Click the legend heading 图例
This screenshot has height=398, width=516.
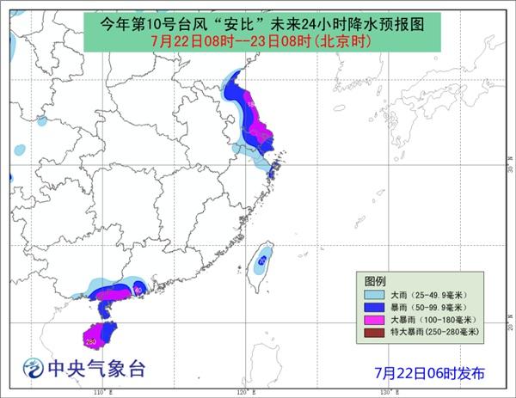pyautogui.click(x=375, y=282)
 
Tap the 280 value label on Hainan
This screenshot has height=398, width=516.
pyautogui.click(x=90, y=340)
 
